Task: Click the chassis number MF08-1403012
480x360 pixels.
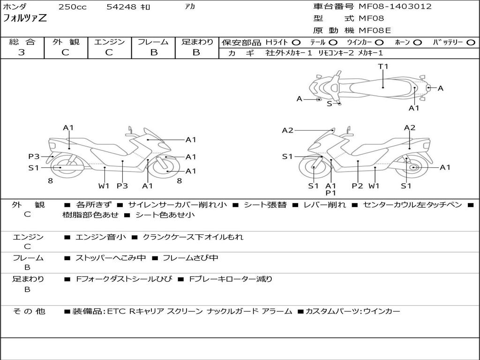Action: (395, 7)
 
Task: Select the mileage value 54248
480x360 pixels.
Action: (121, 7)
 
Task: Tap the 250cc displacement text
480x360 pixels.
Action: (72, 7)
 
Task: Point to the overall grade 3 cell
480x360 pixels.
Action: (22, 52)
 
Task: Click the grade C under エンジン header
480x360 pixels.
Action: (109, 52)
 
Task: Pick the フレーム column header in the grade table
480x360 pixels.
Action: (153, 42)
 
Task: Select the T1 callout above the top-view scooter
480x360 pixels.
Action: (383, 67)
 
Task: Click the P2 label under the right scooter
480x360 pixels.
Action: (358, 186)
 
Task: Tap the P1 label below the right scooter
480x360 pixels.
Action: (331, 193)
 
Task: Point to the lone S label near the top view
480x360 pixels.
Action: (329, 104)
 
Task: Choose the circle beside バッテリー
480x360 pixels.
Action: (471, 42)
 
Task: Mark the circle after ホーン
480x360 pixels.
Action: (418, 42)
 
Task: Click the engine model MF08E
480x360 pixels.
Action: (375, 30)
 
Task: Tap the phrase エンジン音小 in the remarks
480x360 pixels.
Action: (101, 237)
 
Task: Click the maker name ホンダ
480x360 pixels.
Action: (15, 7)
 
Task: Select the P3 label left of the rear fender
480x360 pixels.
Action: (34, 157)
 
